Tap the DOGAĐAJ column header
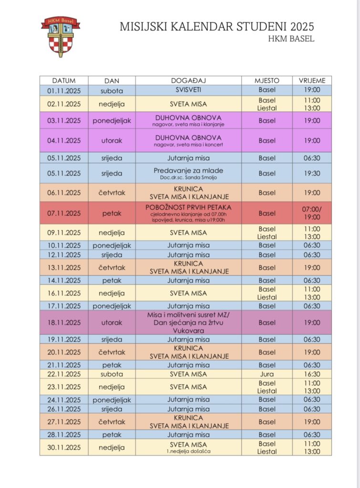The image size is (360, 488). tap(188, 81)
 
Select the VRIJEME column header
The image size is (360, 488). tap(312, 81)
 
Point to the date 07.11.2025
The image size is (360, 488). tap(64, 213)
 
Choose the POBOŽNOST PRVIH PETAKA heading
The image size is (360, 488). tap(188, 207)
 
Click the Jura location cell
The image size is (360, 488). tap(267, 374)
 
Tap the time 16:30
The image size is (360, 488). tap(312, 374)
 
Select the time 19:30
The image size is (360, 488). tap(312, 173)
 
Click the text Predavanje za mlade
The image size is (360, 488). tap(188, 170)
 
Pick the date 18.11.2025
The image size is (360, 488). tap(64, 323)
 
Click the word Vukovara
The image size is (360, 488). tap(188, 330)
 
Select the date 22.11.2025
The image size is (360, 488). tap(64, 374)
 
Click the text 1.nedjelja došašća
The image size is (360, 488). tap(188, 451)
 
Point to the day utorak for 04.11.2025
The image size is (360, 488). tap(112, 141)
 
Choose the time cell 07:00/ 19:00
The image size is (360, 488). tap(312, 213)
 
